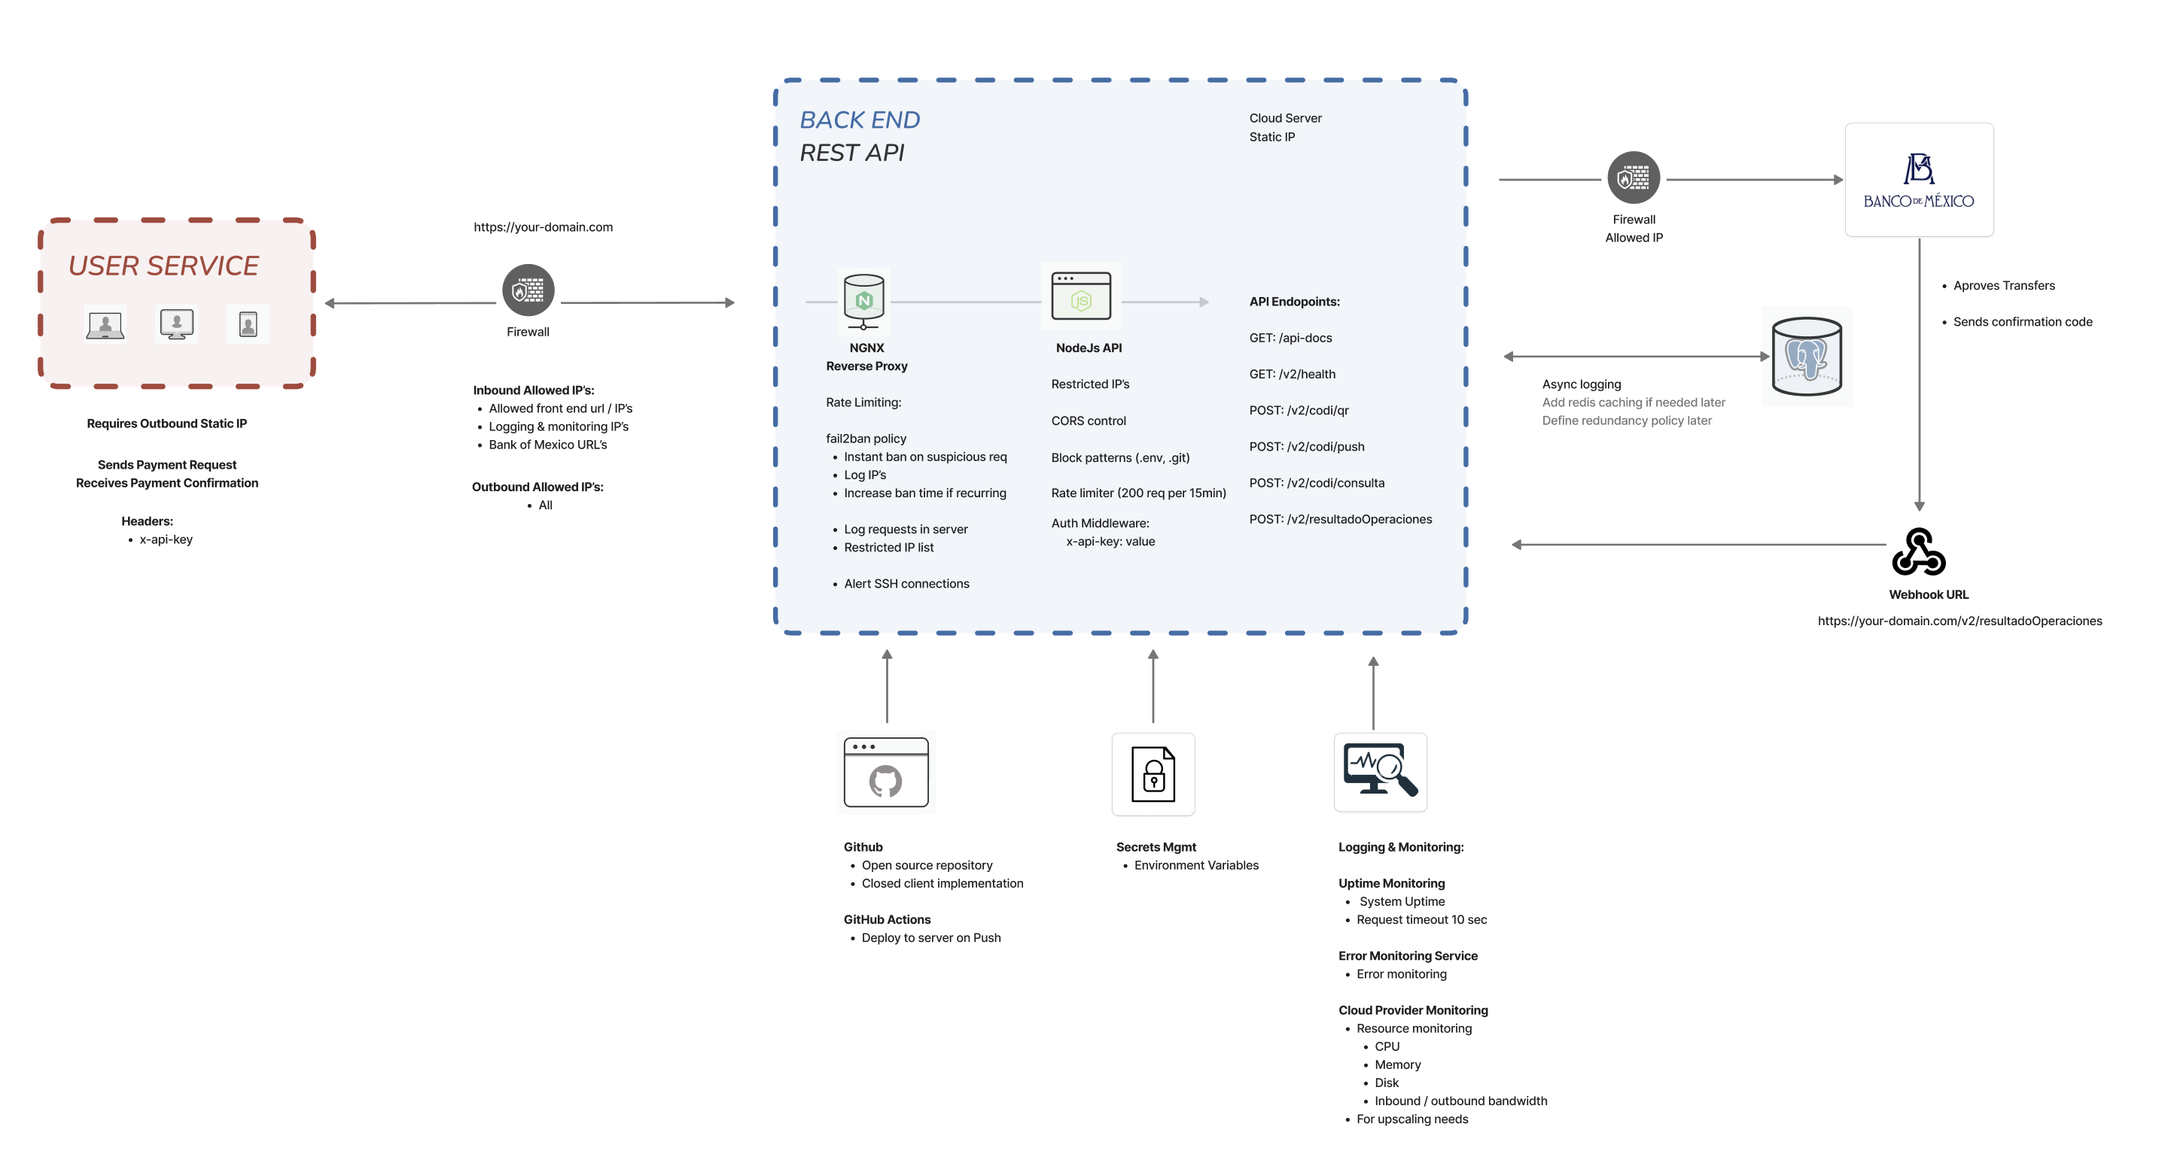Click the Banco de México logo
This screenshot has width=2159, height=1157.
point(1918,180)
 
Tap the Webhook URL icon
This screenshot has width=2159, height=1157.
point(1918,552)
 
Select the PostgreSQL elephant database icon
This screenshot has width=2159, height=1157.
point(1807,357)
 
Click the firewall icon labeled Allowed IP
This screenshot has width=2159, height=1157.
point(1633,178)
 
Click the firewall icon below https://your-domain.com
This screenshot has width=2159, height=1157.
point(528,290)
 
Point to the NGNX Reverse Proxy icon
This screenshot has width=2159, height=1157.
point(864,302)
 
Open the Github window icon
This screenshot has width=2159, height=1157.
point(886,773)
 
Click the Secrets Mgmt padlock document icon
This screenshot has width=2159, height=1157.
point(1153,774)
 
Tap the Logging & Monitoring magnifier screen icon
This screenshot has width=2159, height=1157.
point(1380,771)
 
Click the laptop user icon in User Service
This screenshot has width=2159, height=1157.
point(105,325)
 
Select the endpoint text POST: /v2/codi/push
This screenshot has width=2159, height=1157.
point(1306,447)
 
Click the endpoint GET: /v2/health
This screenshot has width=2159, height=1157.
point(1292,375)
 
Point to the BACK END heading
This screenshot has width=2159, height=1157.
point(859,120)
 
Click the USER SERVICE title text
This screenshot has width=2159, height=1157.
point(163,266)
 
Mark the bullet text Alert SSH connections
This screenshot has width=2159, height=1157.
point(906,584)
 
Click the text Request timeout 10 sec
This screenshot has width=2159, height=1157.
point(1421,920)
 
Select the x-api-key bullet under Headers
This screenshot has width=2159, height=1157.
point(166,539)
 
